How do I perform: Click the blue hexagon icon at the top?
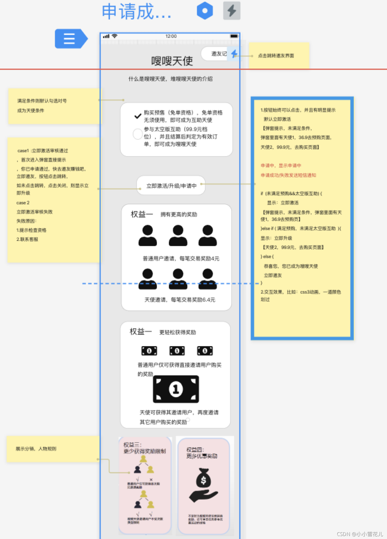[205, 11]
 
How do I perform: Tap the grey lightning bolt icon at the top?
[232, 11]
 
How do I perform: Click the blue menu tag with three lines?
[70, 39]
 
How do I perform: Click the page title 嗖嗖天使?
[172, 61]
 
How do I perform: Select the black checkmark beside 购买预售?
[138, 116]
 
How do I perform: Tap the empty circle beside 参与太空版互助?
[138, 134]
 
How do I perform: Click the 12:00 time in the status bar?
[171, 36]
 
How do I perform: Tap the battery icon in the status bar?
[234, 36]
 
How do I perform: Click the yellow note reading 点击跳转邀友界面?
[276, 56]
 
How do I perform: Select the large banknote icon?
[176, 389]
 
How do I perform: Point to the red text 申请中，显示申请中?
[281, 166]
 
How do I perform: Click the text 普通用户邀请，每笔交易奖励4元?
[181, 258]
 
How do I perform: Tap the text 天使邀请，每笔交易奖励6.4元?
[180, 300]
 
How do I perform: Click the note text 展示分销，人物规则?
[36, 449]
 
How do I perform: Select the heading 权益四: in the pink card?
[195, 450]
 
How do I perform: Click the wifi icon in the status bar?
[115, 36]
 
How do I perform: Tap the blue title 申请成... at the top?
[137, 12]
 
